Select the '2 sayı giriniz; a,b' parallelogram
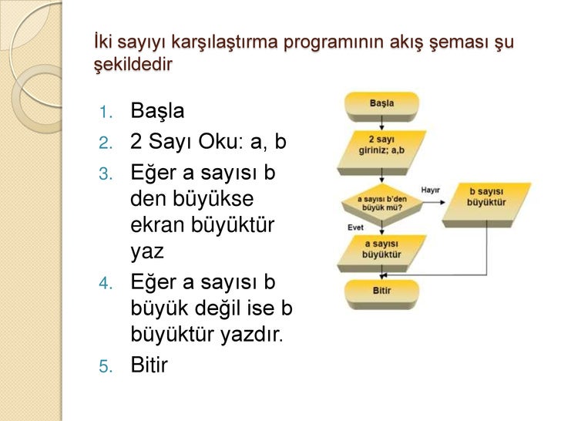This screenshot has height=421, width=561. click(x=381, y=145)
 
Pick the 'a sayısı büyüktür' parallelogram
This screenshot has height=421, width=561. click(x=381, y=249)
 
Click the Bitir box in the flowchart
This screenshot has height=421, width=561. click(x=381, y=291)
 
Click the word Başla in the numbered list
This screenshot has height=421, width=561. click(x=157, y=111)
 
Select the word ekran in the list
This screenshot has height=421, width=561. click(x=156, y=226)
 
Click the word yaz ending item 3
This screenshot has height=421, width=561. click(x=147, y=252)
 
